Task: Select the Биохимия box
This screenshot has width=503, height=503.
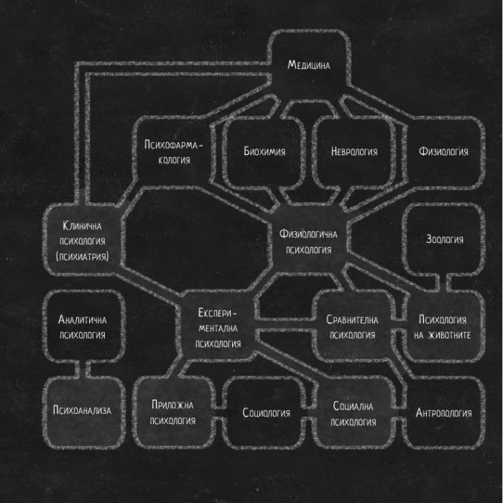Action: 264,152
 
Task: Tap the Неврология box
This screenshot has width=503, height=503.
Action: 354,152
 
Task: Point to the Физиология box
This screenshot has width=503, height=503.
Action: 443,152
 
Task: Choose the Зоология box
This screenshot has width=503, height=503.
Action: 444,239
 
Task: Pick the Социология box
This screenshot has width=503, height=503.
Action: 266,412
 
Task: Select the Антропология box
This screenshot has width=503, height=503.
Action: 443,412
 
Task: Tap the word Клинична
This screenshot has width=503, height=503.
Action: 82,226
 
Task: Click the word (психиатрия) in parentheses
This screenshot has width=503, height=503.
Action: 82,257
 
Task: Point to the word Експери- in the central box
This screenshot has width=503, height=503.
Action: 217,313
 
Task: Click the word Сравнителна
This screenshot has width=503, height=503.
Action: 352,320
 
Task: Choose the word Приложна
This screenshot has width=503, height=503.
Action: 172,405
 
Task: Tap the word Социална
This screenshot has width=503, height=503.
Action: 353,406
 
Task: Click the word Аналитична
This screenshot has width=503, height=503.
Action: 82,320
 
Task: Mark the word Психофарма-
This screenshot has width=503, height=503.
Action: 174,144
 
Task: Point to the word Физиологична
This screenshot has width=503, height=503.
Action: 308,234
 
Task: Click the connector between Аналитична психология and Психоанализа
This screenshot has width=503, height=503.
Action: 82,369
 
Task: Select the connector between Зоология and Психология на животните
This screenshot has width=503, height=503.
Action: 443,283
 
